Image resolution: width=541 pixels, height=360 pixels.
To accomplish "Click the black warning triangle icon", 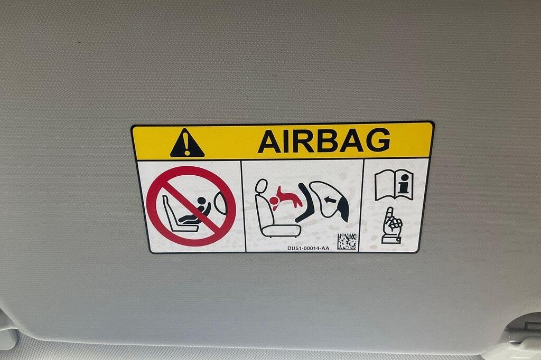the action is pos(187,144).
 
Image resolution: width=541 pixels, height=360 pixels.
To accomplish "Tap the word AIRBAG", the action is pos(324,140).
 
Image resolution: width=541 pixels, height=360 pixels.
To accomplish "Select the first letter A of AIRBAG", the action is pos(269,141).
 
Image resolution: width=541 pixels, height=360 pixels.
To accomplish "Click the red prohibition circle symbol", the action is pos(191,206).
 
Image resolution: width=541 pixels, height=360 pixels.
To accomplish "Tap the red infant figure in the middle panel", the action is pos(286,198).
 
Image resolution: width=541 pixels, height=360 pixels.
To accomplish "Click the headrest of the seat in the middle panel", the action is pos(261,186).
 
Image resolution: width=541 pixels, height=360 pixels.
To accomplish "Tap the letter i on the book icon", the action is pos(403,184).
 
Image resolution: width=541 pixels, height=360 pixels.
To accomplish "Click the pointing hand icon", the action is pos(391,226).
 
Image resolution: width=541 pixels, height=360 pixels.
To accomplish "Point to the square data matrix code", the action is pos(347,241).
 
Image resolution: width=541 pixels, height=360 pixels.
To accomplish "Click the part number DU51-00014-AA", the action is pos(308,248).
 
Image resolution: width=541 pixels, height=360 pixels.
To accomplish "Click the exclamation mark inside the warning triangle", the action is pos(187,144).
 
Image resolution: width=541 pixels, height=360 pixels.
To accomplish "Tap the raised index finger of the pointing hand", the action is pos(390,214).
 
